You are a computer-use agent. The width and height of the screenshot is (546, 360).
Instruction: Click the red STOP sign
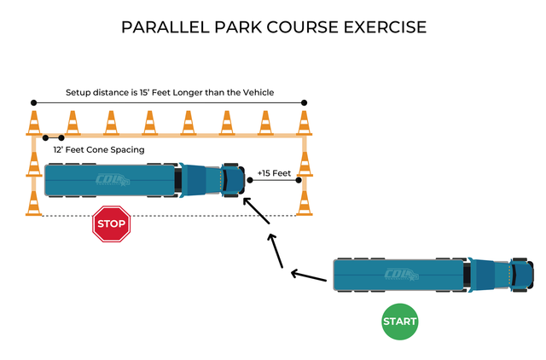110,224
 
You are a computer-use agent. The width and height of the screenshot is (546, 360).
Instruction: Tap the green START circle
399,322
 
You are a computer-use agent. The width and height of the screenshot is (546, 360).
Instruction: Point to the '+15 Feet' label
274,173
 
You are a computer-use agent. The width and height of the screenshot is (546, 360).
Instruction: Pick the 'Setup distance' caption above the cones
170,92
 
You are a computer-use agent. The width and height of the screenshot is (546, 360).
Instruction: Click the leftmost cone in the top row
35,122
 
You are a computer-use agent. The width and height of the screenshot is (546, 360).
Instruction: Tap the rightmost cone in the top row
303,122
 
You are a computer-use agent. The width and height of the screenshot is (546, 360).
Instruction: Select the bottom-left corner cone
34,203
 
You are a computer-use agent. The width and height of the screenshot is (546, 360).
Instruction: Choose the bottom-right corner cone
303,203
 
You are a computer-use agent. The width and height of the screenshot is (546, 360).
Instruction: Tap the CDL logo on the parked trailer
113,180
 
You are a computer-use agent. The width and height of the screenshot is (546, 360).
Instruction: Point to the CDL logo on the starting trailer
402,276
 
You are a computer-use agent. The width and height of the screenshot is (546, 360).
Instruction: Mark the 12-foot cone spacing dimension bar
54,136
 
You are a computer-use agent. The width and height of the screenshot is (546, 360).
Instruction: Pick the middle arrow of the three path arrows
276,247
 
